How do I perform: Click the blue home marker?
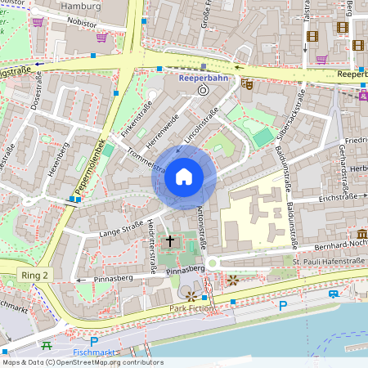[x=184, y=177]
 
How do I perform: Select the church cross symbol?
[x=171, y=240]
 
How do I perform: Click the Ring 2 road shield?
[x=35, y=276]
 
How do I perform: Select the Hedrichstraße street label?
[x=153, y=245]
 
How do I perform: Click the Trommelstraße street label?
[x=147, y=159]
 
